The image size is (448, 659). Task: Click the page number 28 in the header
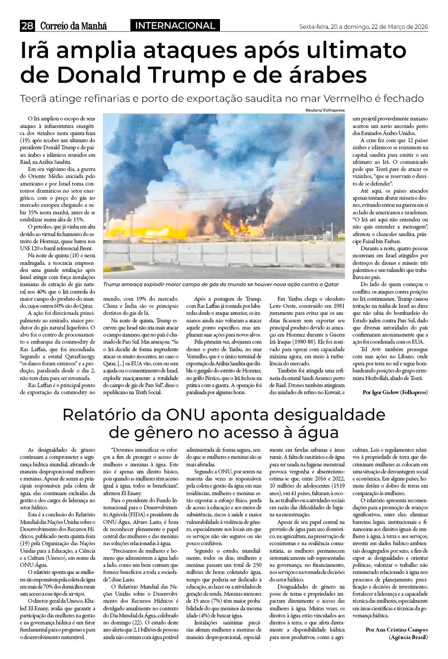(x=28, y=26)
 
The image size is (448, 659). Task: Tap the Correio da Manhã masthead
(x=74, y=26)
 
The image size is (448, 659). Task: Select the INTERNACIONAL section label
(x=175, y=26)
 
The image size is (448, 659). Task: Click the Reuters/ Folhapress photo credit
(x=325, y=110)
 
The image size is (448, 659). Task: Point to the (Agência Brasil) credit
(x=408, y=637)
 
